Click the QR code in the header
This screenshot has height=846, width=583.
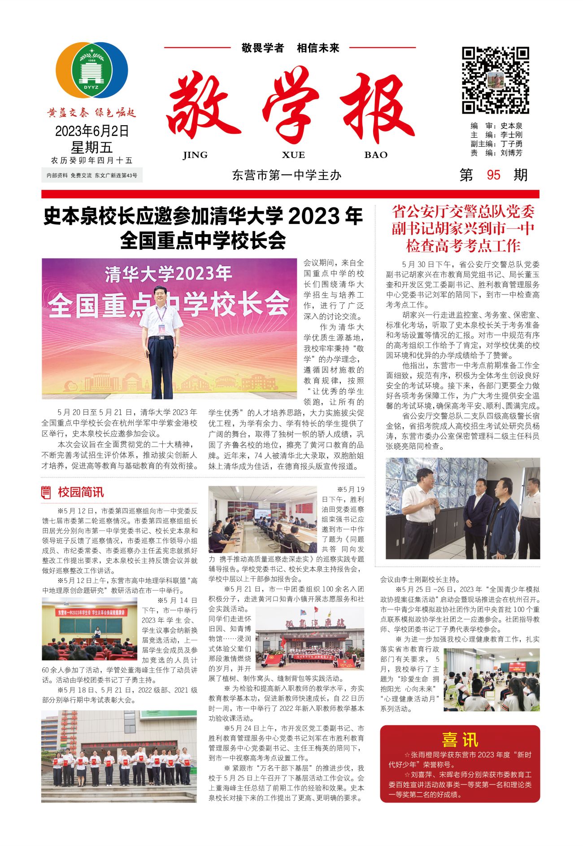click(x=496, y=80)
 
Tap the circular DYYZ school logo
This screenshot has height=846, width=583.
click(x=92, y=70)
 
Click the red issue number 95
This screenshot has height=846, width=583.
click(x=493, y=175)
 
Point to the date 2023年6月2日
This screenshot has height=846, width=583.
click(x=92, y=131)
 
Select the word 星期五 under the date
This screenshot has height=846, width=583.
click(x=92, y=147)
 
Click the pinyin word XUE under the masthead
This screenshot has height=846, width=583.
click(x=293, y=155)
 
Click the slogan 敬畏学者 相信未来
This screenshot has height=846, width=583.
click(x=290, y=48)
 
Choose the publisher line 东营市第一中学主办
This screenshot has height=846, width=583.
click(x=287, y=175)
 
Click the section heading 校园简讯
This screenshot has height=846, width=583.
click(x=81, y=492)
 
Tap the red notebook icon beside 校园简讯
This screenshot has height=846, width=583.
click(x=46, y=492)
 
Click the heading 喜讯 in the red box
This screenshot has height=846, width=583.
click(x=460, y=740)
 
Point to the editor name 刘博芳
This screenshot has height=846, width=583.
click(x=512, y=153)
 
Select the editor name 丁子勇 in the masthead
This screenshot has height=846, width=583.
click(x=512, y=144)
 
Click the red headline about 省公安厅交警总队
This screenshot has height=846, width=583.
click(x=463, y=228)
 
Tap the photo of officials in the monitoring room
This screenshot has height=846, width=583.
click(x=463, y=508)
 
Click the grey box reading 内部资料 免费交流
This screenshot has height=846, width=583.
click(x=92, y=175)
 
